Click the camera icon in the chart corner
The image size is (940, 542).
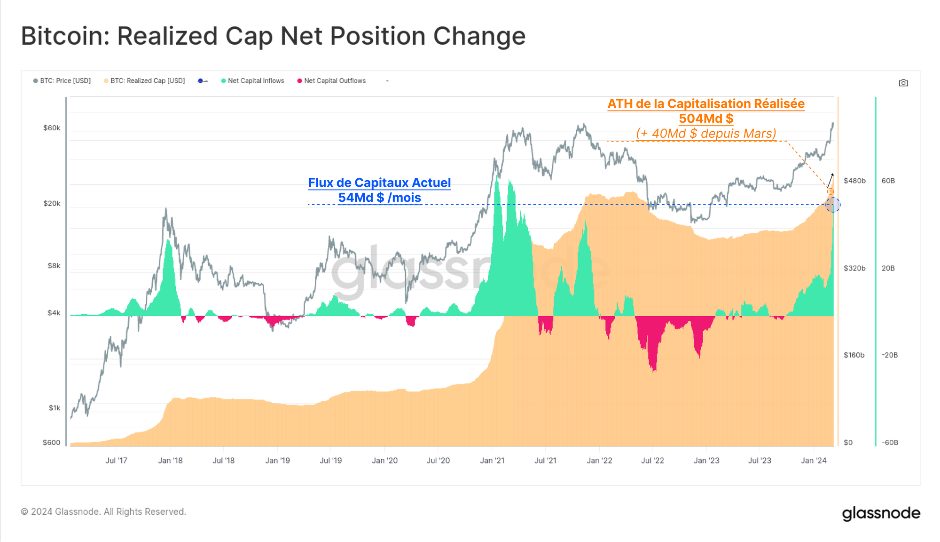point(903,83)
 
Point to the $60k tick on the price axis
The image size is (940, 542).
point(52,128)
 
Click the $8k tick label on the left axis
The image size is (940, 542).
point(54,266)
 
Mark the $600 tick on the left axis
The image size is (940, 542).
point(52,443)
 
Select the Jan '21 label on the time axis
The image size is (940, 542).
point(492,461)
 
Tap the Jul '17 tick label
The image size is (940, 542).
point(116,461)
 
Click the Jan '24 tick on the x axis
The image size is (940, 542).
point(814,461)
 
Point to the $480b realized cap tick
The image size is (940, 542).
point(854,181)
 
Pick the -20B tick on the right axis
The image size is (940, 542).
point(890,355)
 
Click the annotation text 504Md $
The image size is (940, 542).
point(706,119)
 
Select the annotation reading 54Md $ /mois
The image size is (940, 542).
point(379,198)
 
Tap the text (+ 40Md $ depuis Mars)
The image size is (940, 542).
point(706,134)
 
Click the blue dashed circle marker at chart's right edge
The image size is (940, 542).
point(833,205)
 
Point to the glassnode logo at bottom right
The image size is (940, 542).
point(881,513)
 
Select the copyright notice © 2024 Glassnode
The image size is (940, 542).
point(103,512)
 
